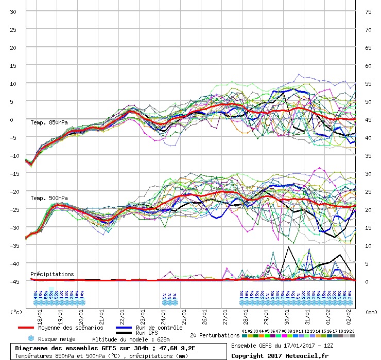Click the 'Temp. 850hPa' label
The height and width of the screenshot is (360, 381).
coord(49,122)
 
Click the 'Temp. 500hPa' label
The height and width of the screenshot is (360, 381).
coord(49,198)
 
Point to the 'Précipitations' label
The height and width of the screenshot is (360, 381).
coord(52,274)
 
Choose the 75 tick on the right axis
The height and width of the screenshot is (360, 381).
coord(368,11)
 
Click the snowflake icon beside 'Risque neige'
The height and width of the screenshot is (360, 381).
coord(30,339)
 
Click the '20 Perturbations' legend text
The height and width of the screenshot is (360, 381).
coord(215,335)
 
